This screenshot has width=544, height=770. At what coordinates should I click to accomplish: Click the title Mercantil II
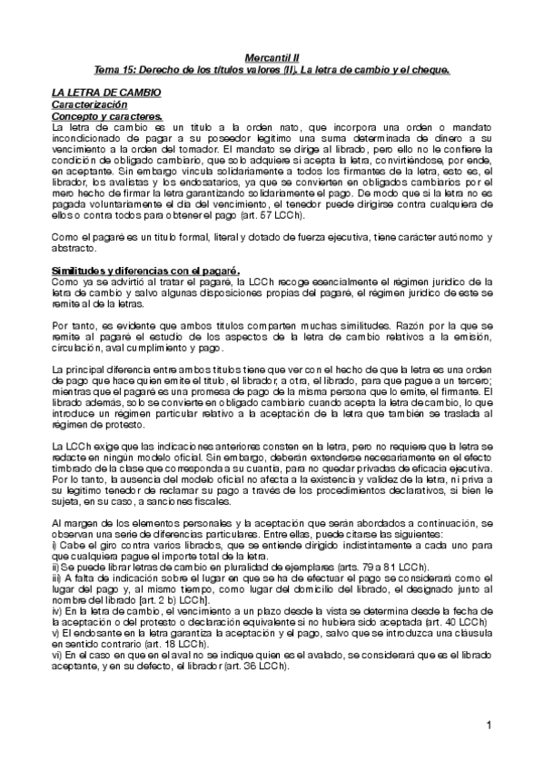272,55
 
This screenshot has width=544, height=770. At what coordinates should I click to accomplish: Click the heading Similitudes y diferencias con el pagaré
144,271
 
